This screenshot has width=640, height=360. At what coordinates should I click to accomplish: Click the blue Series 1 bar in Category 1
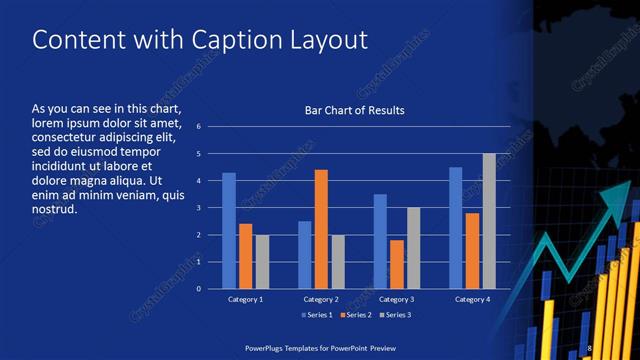pyautogui.click(x=229, y=231)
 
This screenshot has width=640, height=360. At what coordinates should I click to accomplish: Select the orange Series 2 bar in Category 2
pyautogui.click(x=321, y=229)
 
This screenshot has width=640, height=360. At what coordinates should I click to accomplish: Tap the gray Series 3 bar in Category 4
pyautogui.click(x=489, y=221)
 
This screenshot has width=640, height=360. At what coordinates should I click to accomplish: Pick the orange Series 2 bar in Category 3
pyautogui.click(x=396, y=264)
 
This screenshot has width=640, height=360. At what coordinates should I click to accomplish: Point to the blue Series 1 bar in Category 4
pyautogui.click(x=456, y=228)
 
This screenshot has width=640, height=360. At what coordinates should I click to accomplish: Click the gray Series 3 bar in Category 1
pyautogui.click(x=262, y=262)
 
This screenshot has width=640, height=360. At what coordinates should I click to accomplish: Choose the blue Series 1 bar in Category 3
pyautogui.click(x=380, y=241)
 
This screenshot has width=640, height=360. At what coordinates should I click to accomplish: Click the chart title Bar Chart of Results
pyautogui.click(x=355, y=110)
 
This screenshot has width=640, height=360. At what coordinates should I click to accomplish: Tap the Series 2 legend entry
pyautogui.click(x=354, y=315)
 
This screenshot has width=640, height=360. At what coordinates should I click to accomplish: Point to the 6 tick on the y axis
pyautogui.click(x=199, y=127)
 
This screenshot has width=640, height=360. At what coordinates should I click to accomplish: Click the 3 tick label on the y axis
pyautogui.click(x=199, y=208)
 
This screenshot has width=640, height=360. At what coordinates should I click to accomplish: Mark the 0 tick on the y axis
pyautogui.click(x=199, y=289)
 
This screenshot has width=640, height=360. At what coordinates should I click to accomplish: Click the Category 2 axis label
pyautogui.click(x=321, y=299)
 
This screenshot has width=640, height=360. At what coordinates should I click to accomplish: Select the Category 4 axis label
pyautogui.click(x=471, y=299)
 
